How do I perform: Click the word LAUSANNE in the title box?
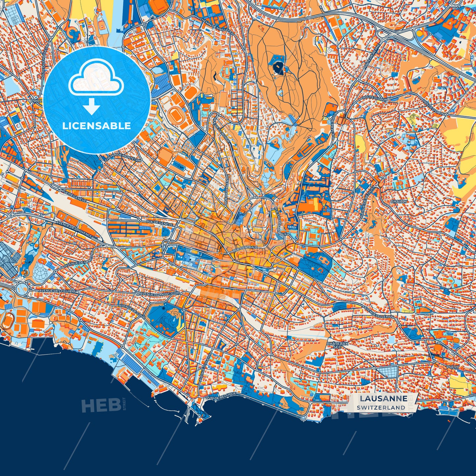383,398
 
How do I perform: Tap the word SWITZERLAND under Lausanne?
381,407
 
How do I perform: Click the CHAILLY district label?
399,201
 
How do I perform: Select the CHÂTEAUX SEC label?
333,345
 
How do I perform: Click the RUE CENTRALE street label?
244,248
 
